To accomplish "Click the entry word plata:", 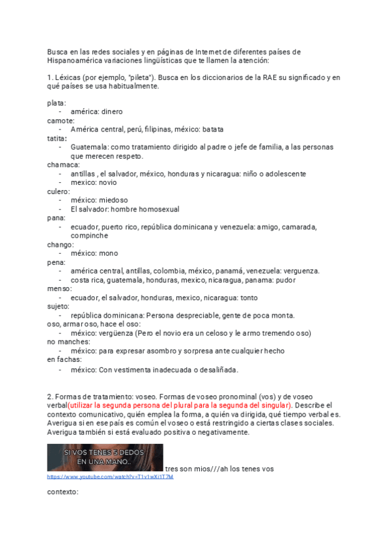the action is (x=56, y=103).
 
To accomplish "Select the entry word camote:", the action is (x=61, y=120).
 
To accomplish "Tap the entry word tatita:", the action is (x=57, y=138).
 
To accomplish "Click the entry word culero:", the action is (x=59, y=191).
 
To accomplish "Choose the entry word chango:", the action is (x=61, y=245).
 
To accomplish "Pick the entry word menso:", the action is (x=59, y=289).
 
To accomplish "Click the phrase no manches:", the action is (x=68, y=342).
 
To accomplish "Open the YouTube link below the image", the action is (x=110, y=476).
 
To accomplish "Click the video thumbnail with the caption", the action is (x=105, y=457).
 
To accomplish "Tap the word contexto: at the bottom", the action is (x=63, y=492).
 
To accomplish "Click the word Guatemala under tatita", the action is (x=91, y=147).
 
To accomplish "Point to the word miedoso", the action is (x=113, y=200).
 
